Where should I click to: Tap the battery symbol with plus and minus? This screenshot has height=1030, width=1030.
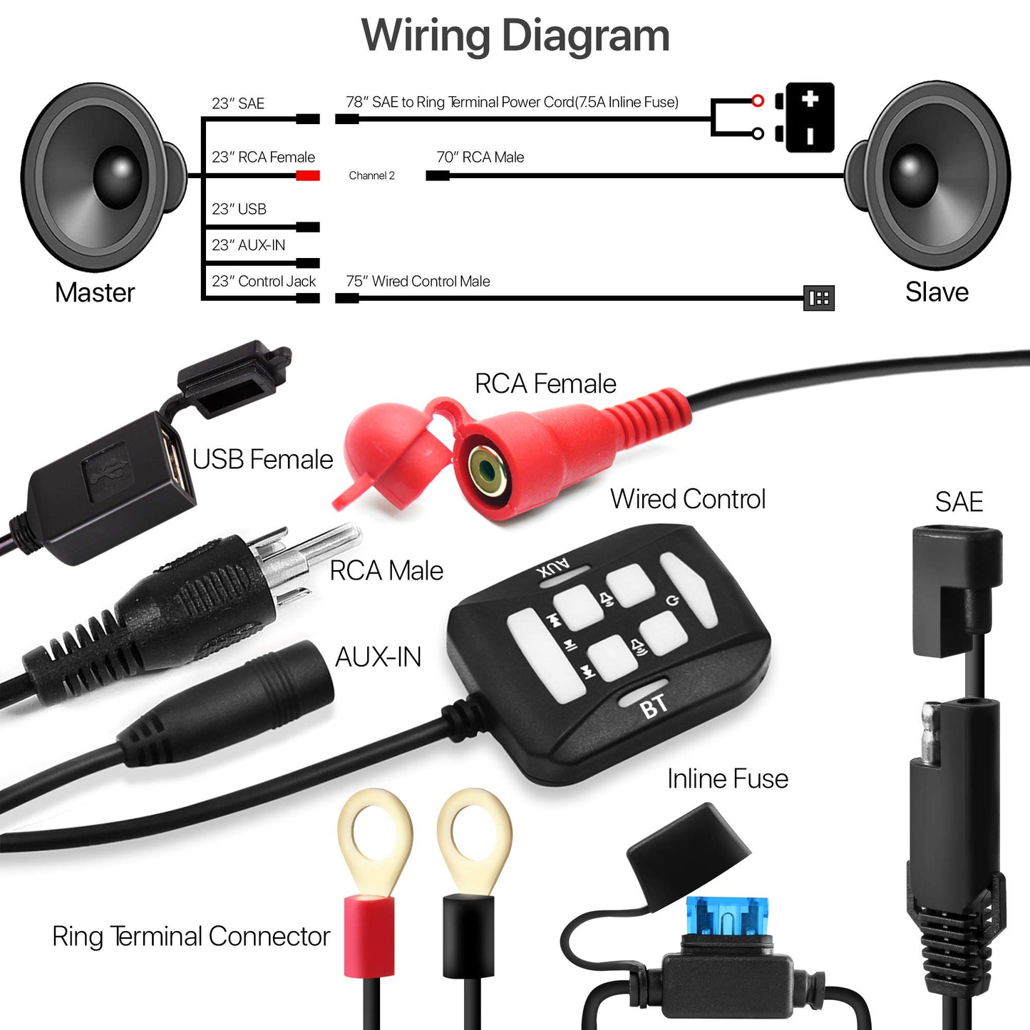click(x=809, y=118)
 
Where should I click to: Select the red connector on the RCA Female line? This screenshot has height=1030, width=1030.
click(x=308, y=175)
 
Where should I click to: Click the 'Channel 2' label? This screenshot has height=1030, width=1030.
click(x=371, y=175)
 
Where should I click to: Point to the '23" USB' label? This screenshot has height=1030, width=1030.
click(x=239, y=209)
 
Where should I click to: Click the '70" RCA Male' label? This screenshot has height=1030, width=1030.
click(x=480, y=157)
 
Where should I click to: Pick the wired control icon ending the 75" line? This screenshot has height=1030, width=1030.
click(x=819, y=298)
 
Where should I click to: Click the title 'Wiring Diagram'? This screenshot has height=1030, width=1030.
click(x=515, y=35)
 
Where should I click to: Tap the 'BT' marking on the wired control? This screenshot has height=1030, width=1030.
click(x=653, y=706)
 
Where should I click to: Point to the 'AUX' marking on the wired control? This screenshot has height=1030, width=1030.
click(x=553, y=568)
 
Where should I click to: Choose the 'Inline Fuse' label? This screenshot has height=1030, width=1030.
click(x=727, y=778)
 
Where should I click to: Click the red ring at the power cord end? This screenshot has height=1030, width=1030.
click(x=758, y=101)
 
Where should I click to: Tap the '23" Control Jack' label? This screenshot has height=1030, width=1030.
click(x=263, y=281)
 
